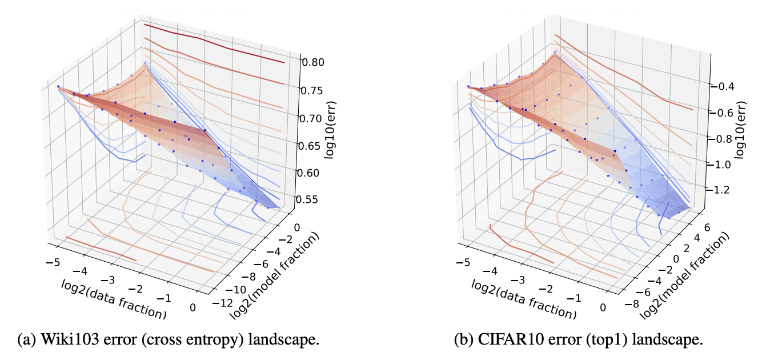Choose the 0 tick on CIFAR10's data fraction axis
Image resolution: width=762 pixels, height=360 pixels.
[x=603, y=307]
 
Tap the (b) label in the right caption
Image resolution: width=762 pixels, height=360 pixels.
[x=463, y=339]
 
